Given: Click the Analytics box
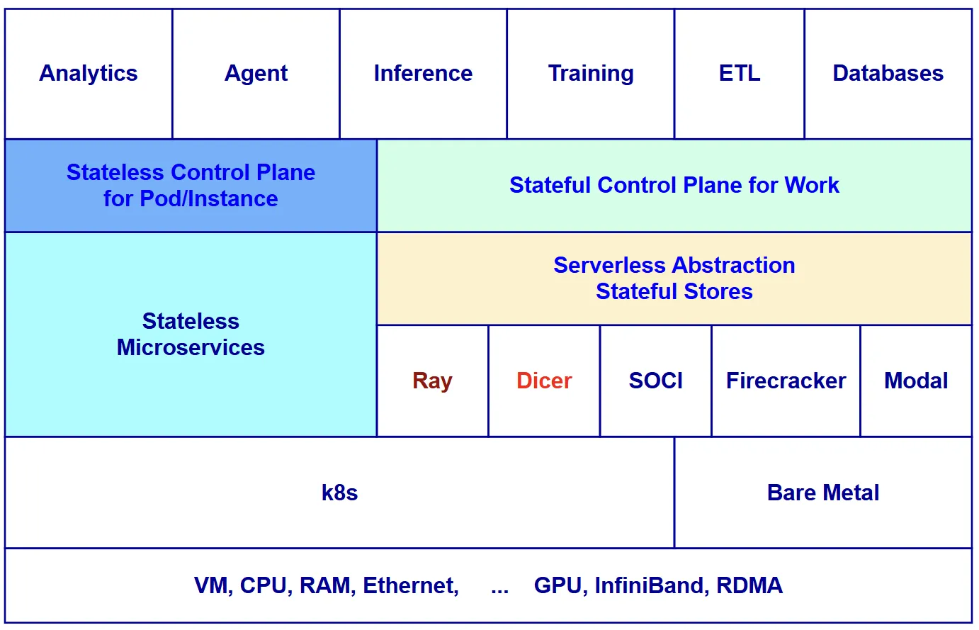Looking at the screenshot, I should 89,74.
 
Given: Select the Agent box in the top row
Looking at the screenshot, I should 256,74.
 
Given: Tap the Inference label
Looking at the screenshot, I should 423,74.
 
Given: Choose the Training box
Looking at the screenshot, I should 591,74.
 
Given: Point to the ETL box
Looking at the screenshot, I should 740,74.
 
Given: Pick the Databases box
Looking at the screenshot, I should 888,74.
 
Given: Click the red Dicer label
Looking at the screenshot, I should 544,381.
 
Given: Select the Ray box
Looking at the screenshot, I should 432,381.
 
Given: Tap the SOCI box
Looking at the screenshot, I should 656,381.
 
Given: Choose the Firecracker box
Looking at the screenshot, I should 786,381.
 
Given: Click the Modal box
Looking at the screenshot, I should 916,381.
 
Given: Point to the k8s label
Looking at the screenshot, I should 339,493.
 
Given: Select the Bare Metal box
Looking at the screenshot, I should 823,493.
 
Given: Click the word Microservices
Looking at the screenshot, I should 191,348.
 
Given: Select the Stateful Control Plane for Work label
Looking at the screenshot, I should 674,186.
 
